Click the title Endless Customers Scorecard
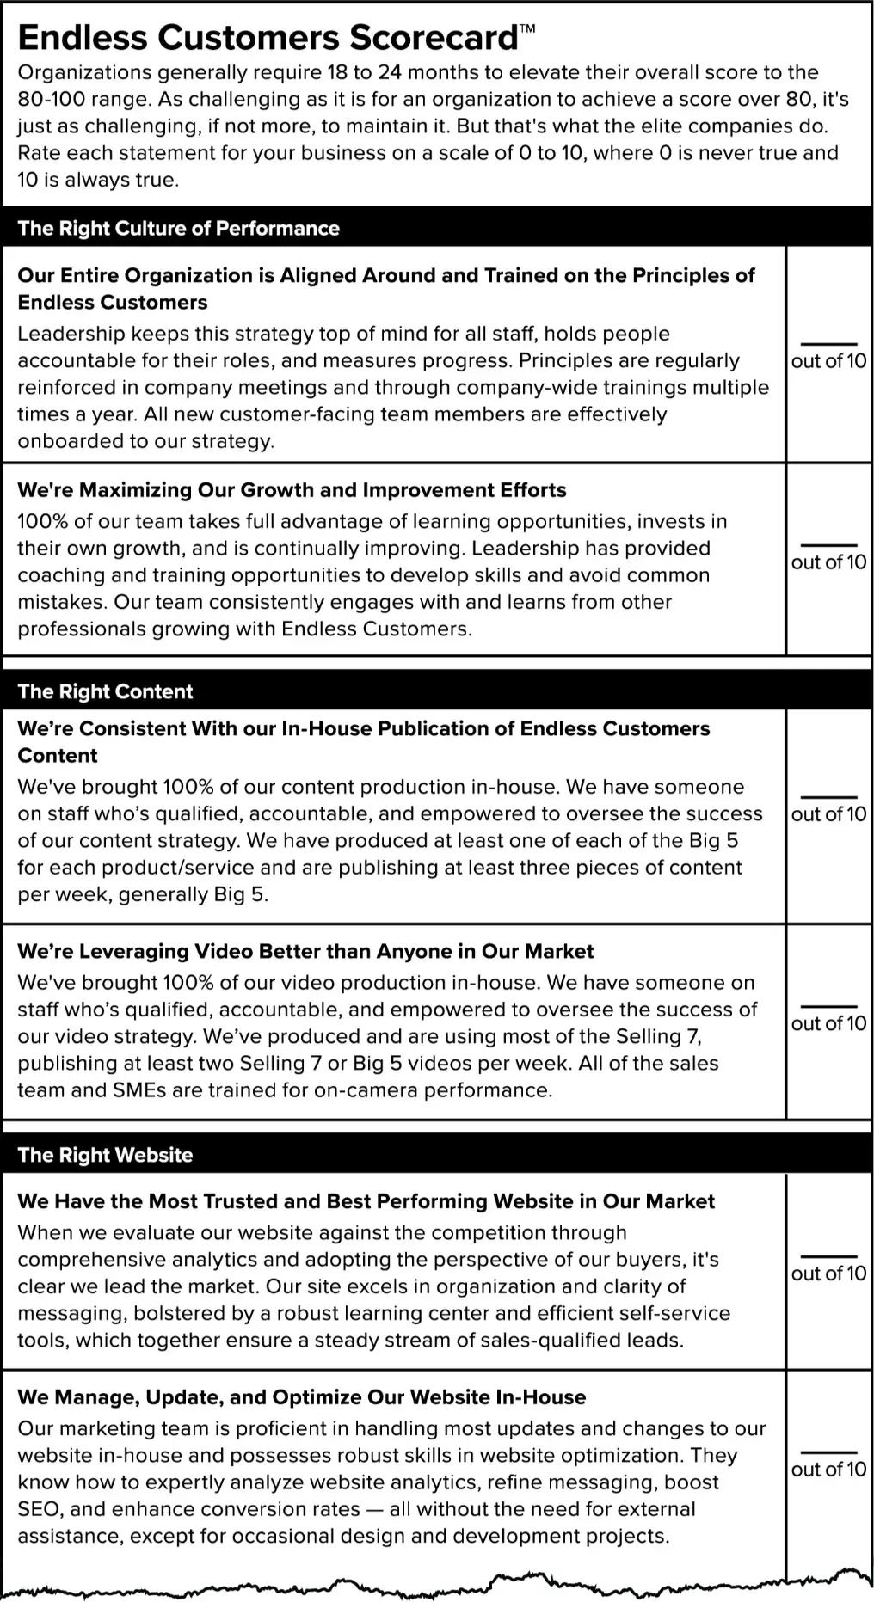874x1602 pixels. click(x=268, y=39)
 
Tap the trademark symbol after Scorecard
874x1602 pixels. click(x=527, y=28)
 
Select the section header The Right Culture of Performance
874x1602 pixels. click(x=178, y=229)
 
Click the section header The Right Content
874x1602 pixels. click(x=105, y=691)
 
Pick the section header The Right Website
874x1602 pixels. click(x=105, y=1155)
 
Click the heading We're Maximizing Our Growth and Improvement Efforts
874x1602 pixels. click(x=292, y=490)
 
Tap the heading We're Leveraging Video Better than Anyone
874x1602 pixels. click(x=305, y=951)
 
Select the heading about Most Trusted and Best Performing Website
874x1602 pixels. click(x=366, y=1201)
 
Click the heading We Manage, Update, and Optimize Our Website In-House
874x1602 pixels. click(x=301, y=1397)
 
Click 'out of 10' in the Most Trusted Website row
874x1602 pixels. click(x=828, y=1274)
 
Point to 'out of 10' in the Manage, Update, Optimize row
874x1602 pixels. click(x=828, y=1470)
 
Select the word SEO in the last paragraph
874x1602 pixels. click(x=38, y=1509)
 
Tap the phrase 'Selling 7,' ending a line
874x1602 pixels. click(x=663, y=1036)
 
